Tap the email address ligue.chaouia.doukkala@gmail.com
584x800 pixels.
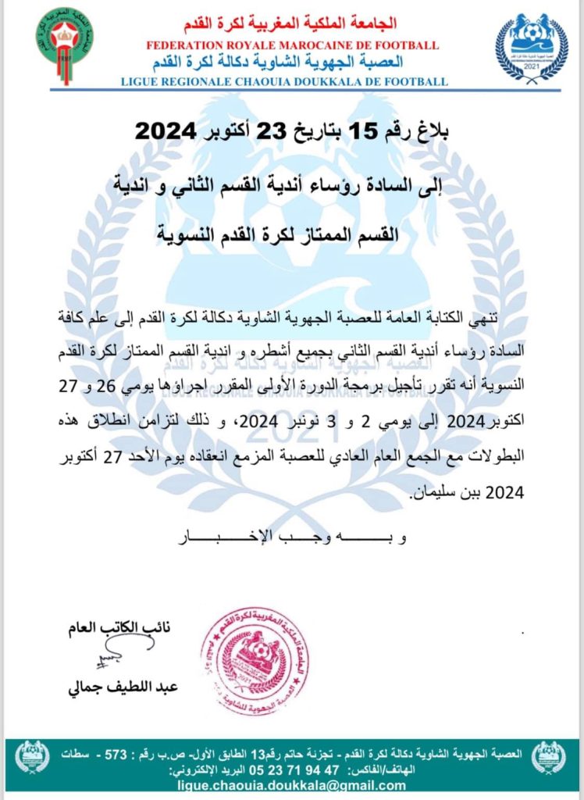[282, 785]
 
